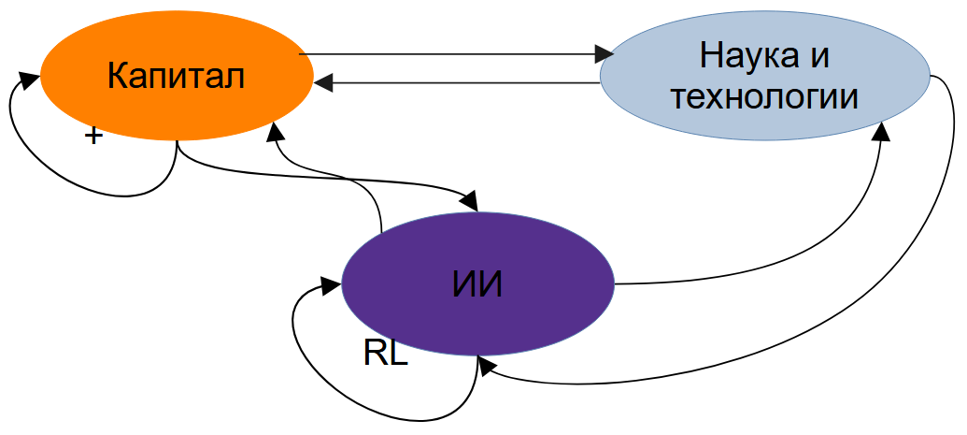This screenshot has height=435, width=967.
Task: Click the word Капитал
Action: click(176, 76)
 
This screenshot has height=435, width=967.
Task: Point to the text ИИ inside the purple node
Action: click(477, 284)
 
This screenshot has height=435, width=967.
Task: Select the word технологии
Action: click(764, 96)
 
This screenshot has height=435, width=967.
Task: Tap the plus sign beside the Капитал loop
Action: click(92, 137)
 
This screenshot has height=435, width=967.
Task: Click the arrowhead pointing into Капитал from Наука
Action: click(323, 83)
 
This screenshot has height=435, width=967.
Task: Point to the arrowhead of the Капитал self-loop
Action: click(30, 79)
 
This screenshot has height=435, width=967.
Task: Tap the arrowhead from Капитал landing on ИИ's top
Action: click(470, 201)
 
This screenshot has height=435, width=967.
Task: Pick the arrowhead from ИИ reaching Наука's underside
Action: click(881, 131)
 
